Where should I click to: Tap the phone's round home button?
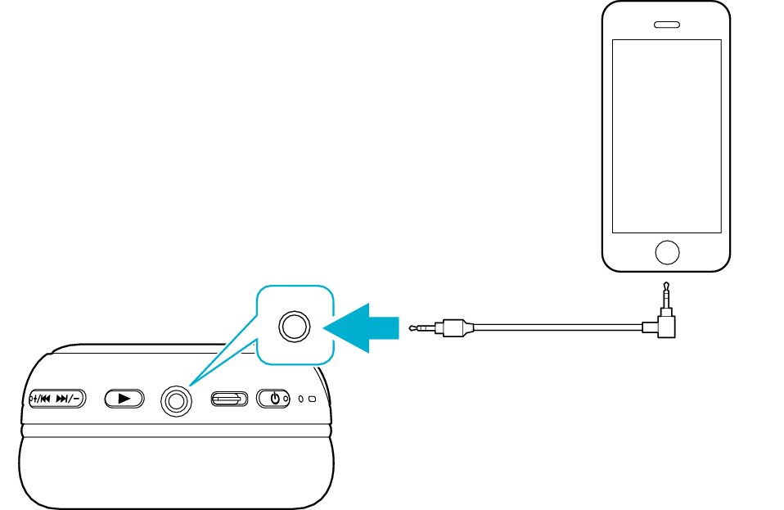point(667,252)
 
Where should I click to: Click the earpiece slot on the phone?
point(667,24)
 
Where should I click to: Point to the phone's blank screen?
point(667,135)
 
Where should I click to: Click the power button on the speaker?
point(274,399)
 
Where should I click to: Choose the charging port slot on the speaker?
point(229,399)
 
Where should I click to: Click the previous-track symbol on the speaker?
point(45,399)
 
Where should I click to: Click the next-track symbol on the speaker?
point(62,399)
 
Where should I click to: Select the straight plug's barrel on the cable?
point(455,327)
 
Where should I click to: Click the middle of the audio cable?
point(556,327)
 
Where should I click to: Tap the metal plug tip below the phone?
point(667,291)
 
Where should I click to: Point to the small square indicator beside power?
point(312,399)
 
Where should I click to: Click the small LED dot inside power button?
point(285,399)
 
